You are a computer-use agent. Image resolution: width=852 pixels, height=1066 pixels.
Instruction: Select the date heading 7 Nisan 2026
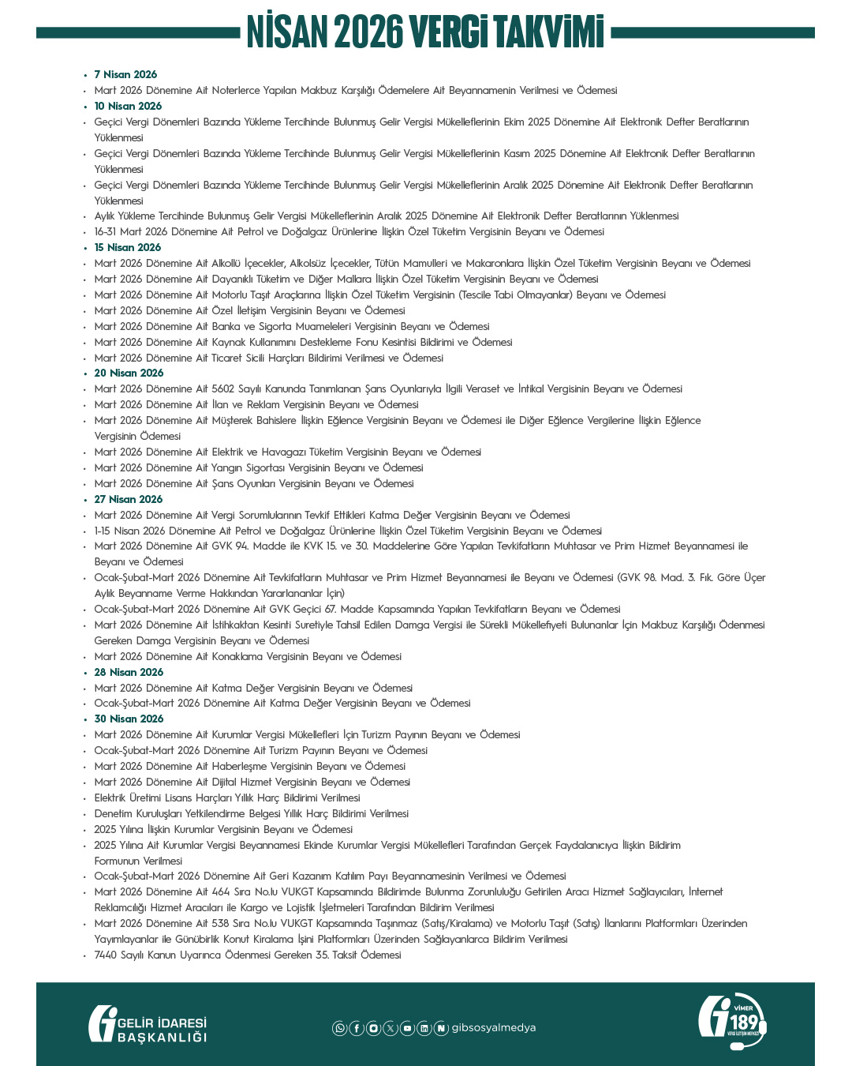click(125, 74)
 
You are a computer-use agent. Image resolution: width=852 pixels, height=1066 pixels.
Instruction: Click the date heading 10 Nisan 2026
click(128, 106)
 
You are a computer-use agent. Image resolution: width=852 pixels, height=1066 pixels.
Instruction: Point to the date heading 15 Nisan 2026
click(128, 247)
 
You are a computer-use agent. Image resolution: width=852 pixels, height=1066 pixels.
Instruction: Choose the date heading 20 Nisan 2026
click(129, 373)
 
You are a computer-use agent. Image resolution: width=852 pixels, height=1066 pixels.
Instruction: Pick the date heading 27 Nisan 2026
click(129, 499)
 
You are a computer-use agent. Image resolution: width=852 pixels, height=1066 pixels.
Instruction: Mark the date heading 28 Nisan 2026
click(129, 672)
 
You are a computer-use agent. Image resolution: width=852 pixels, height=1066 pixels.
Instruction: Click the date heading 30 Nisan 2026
click(129, 719)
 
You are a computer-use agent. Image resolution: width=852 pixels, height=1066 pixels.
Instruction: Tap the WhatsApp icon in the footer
click(339, 1028)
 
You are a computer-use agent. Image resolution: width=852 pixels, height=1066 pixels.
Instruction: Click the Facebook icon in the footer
click(357, 1028)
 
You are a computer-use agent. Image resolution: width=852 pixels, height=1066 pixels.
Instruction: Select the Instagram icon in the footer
click(373, 1028)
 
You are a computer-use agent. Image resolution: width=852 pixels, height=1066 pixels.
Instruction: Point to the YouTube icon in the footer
click(407, 1028)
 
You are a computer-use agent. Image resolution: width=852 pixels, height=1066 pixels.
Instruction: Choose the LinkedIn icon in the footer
click(424, 1028)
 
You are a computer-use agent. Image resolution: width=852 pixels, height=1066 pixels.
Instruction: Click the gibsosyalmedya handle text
click(494, 1027)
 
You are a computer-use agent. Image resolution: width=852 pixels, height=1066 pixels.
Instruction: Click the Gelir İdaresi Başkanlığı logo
click(148, 1024)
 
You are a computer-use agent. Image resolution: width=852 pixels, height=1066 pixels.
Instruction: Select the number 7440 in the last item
click(106, 955)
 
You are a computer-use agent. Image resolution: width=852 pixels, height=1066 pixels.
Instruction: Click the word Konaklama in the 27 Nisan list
click(236, 656)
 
